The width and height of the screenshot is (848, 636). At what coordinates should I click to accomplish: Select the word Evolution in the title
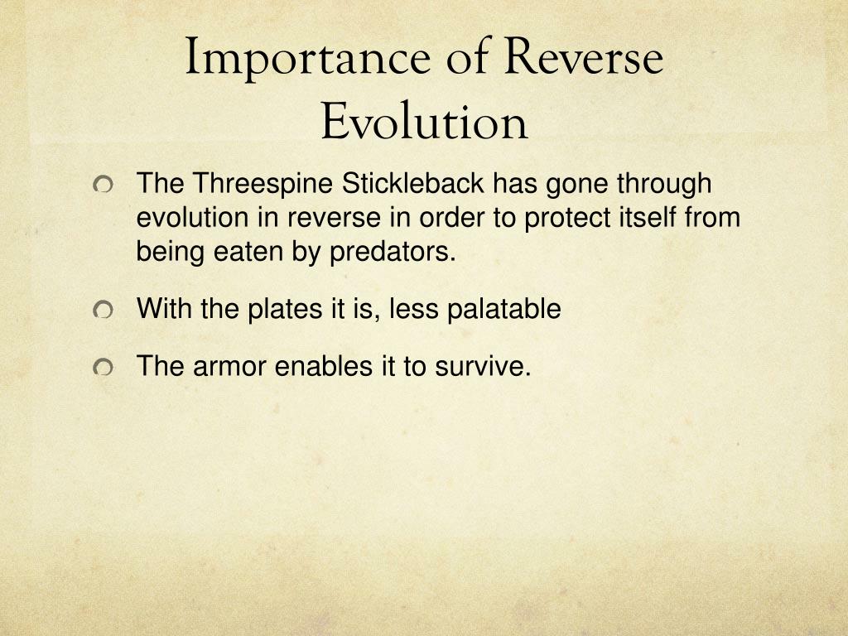click(x=424, y=121)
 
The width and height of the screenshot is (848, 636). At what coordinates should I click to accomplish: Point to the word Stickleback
click(x=412, y=183)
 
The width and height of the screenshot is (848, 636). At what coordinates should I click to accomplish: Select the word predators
click(x=393, y=252)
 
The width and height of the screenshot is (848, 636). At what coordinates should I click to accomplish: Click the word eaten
click(x=248, y=252)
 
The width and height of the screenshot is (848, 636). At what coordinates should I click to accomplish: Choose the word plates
click(x=285, y=310)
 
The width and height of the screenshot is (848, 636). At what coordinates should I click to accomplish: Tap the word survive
click(x=483, y=366)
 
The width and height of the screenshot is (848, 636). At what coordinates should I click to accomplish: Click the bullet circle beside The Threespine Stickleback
click(x=102, y=185)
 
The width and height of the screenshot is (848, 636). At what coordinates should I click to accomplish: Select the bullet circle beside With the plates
click(x=102, y=311)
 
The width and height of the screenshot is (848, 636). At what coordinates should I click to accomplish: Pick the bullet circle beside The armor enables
click(x=102, y=368)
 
